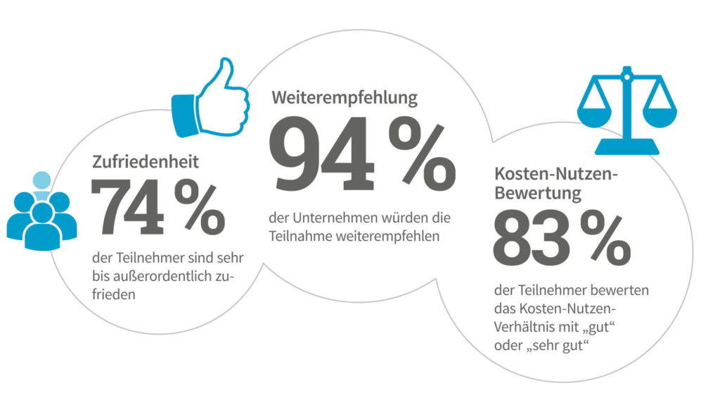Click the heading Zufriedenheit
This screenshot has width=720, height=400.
146,161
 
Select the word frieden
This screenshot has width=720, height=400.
114,295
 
